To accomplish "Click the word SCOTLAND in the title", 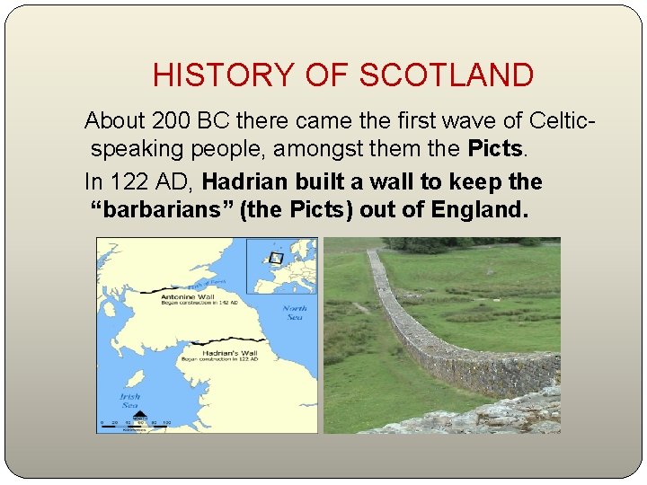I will pos(447,75).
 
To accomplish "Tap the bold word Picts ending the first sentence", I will pos(492,147).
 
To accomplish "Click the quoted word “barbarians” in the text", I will pos(159,210).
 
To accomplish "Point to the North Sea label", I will pos(294,312).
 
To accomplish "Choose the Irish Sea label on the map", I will pos(131,399).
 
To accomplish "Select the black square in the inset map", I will pos(276,258).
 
